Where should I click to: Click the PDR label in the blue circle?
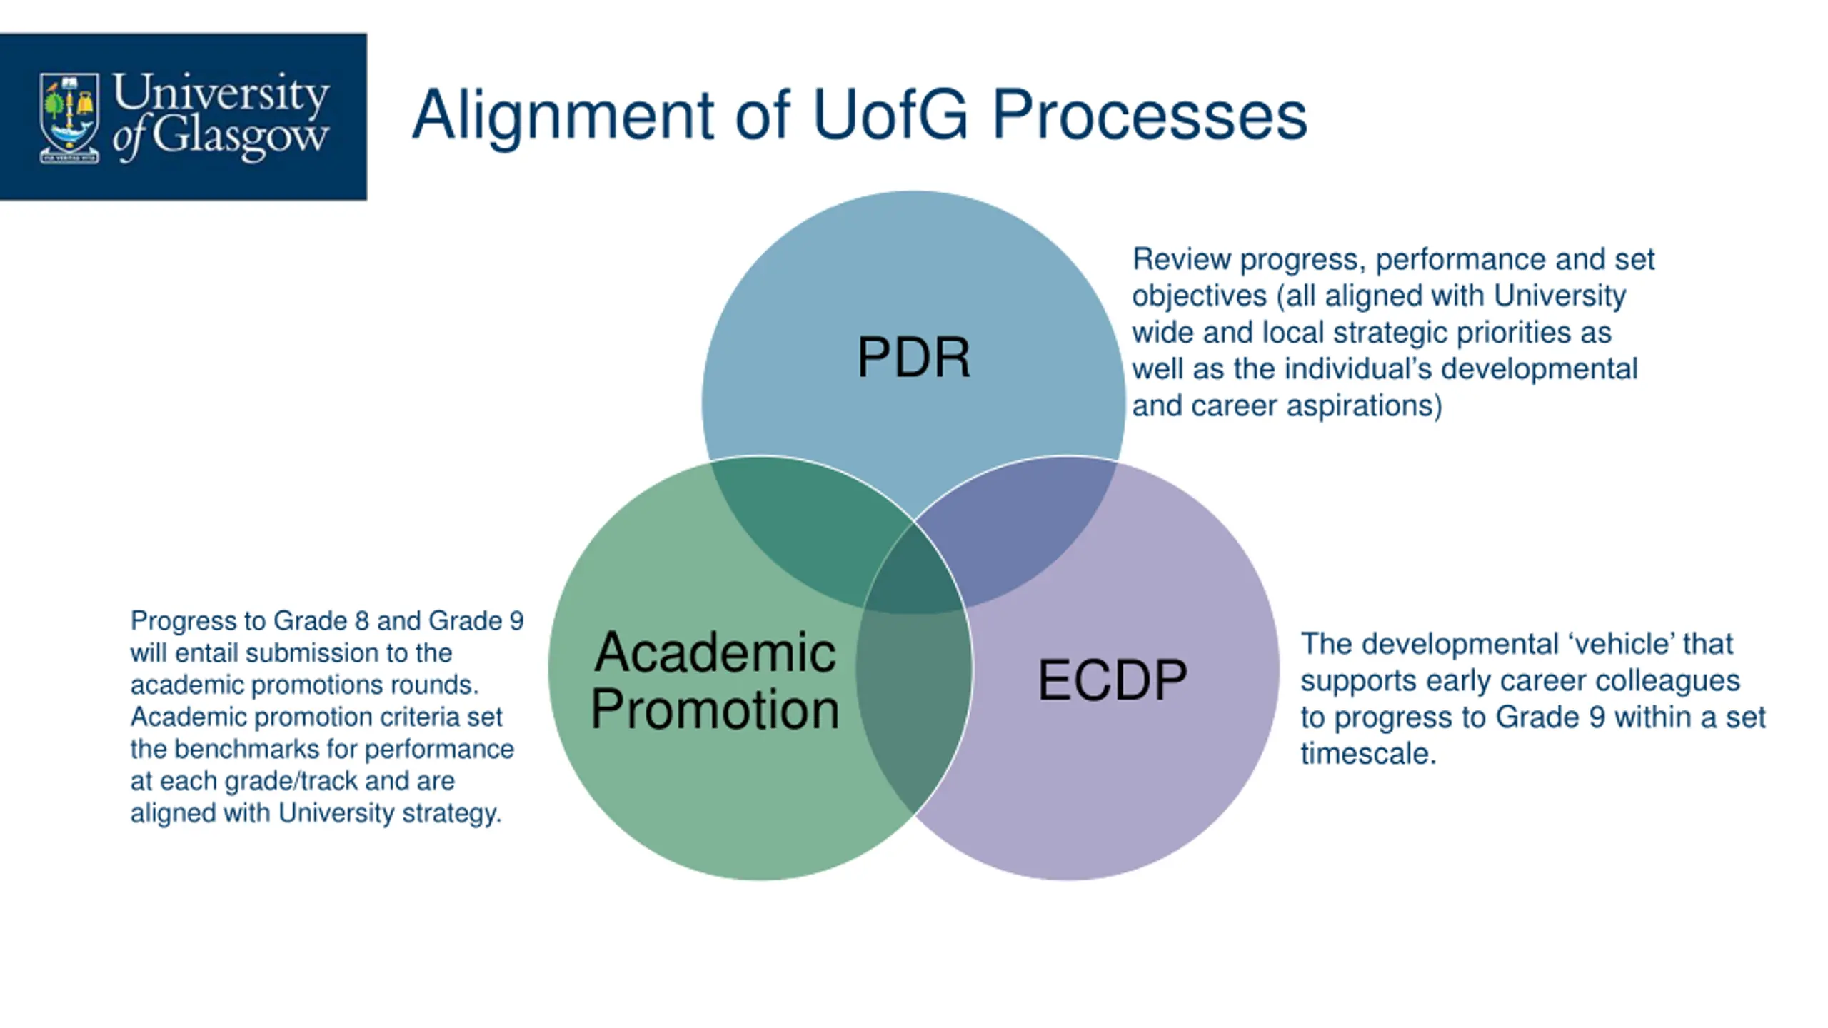click(913, 357)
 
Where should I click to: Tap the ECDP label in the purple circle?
click(1112, 680)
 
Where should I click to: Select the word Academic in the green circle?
click(715, 652)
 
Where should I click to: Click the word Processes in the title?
click(1150, 116)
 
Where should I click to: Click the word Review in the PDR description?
click(1182, 259)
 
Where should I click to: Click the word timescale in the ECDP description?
click(1367, 754)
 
